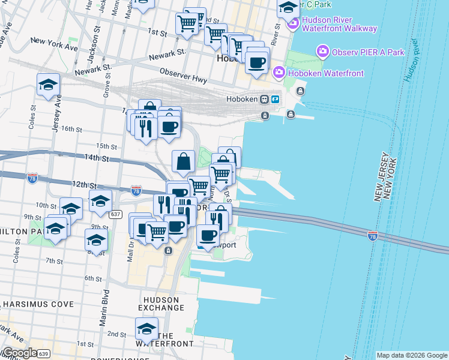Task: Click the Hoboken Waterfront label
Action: [327, 74]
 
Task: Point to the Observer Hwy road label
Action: [184, 77]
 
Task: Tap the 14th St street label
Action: [97, 158]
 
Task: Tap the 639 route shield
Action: [43, 354]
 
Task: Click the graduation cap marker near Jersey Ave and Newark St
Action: [48, 85]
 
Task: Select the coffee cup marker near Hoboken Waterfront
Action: [258, 62]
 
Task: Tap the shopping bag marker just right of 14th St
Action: [183, 161]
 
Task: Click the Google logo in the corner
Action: [19, 353]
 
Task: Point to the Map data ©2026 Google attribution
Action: [411, 355]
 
